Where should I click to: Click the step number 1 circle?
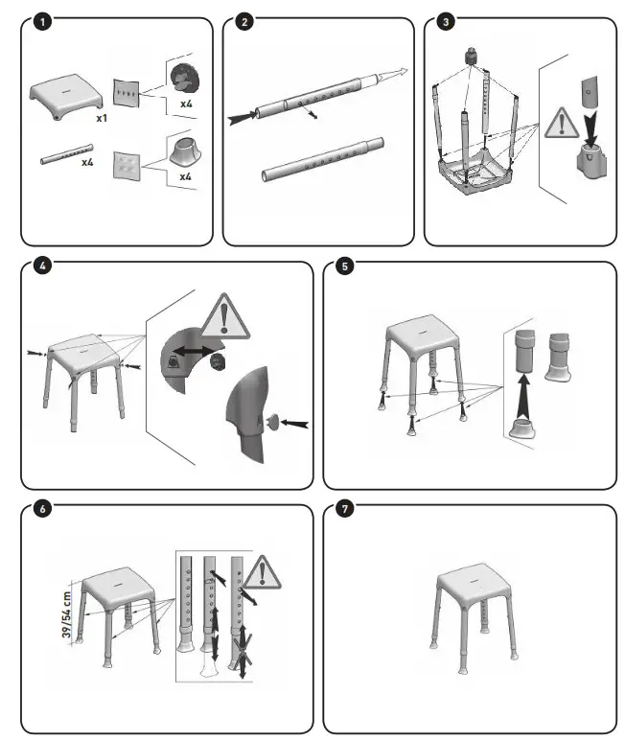[x=42, y=22]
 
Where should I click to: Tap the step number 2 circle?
[x=244, y=22]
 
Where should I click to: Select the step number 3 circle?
[x=446, y=22]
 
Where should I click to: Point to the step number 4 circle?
[x=42, y=266]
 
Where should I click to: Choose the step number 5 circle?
[x=344, y=266]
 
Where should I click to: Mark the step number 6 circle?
[x=42, y=509]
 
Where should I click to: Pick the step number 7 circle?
[x=344, y=509]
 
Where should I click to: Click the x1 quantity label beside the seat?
[x=102, y=118]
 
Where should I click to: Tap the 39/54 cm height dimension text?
[x=66, y=614]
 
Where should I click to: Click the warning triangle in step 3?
[x=561, y=124]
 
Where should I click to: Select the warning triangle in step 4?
[x=224, y=317]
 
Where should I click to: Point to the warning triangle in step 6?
[x=263, y=573]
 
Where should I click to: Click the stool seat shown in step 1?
[x=66, y=97]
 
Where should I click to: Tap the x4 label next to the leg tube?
[x=87, y=162]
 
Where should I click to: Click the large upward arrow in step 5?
[x=523, y=395]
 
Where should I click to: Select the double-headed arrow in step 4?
[x=195, y=351]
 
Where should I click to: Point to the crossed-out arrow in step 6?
[x=243, y=651]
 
